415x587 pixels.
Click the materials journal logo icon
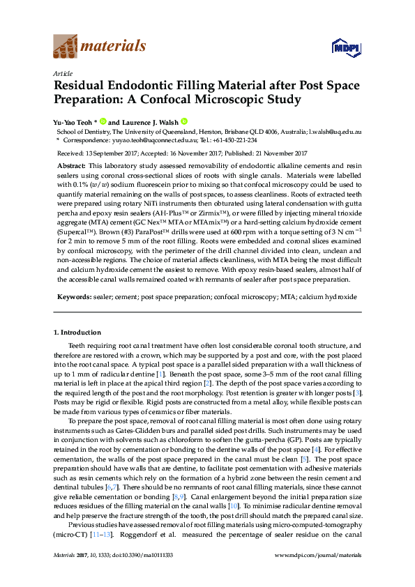(x=66, y=46)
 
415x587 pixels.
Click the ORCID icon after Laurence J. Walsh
(x=184, y=120)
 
